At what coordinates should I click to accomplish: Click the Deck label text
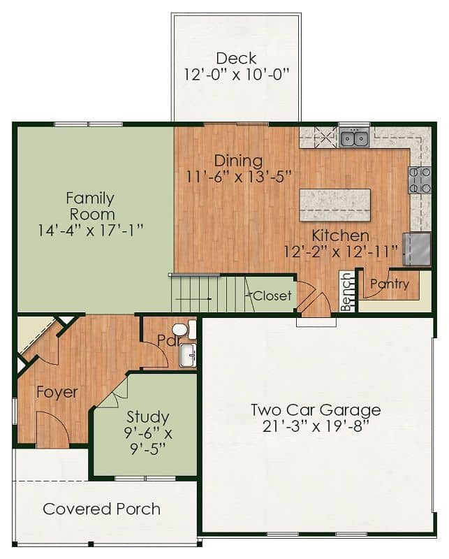(236, 59)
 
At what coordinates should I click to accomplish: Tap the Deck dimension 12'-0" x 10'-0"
(236, 75)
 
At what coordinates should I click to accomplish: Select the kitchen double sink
(354, 138)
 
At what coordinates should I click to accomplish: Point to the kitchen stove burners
(420, 180)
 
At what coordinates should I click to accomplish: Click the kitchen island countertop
(335, 205)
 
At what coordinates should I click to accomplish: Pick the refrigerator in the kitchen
(418, 249)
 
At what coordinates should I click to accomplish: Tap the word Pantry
(390, 284)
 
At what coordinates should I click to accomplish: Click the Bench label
(346, 292)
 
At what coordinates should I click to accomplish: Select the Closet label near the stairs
(272, 296)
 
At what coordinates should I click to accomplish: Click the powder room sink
(188, 355)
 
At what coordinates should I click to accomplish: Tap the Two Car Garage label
(316, 410)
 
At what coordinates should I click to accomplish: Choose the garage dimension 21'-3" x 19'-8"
(316, 426)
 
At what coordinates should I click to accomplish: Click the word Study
(148, 417)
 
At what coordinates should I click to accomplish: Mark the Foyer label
(57, 392)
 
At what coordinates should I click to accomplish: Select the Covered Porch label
(101, 509)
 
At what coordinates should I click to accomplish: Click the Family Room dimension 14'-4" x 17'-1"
(91, 231)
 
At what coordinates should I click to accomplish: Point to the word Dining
(238, 161)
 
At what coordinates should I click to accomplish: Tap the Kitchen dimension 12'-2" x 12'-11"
(341, 252)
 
